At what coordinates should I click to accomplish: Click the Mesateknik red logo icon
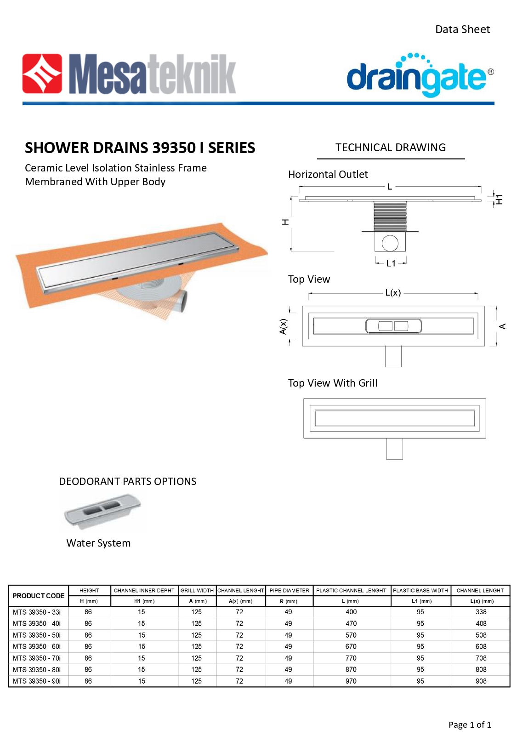click(42, 74)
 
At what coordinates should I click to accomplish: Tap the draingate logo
click(419, 76)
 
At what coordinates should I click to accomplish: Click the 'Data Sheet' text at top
click(462, 29)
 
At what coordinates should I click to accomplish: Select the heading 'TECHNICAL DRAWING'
click(391, 148)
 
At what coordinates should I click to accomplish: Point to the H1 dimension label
click(500, 199)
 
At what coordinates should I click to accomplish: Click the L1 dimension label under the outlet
click(391, 263)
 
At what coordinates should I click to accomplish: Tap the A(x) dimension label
click(283, 326)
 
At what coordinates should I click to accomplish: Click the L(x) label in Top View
click(393, 293)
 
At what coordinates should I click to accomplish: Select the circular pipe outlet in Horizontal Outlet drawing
click(390, 243)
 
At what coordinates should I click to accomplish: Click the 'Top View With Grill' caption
click(333, 383)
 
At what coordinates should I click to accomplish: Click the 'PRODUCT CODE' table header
click(39, 596)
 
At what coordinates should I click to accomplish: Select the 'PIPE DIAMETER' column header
click(290, 590)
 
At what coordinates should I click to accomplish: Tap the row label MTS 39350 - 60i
click(37, 646)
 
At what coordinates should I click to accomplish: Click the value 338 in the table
click(481, 612)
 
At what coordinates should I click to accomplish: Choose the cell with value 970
click(351, 681)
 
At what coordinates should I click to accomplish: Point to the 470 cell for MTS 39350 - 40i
click(351, 623)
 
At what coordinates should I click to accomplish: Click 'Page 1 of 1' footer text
click(470, 724)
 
